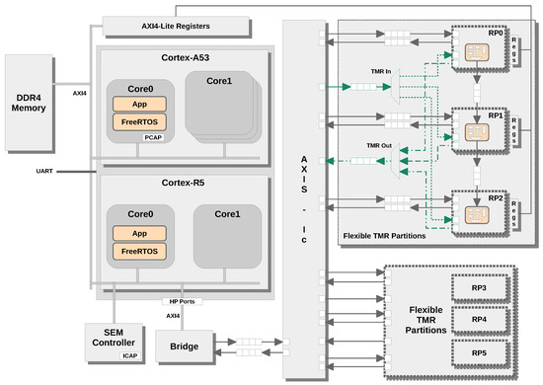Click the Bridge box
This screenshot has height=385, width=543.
point(184,346)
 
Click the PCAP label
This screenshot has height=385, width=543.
point(153,138)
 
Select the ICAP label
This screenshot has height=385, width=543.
point(127,355)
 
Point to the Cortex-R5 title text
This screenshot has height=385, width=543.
point(181,185)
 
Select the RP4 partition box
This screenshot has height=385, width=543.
point(477,321)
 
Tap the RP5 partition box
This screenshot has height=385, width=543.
point(477,352)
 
